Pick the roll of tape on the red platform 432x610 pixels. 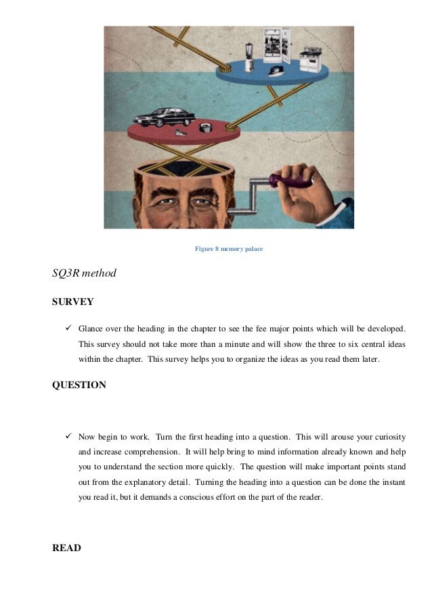click(x=203, y=127)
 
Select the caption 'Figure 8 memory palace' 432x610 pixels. click(x=229, y=250)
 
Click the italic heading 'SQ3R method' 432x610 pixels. click(x=84, y=274)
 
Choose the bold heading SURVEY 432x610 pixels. click(x=72, y=302)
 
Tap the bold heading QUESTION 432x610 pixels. click(x=79, y=385)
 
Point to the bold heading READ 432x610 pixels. click(x=66, y=548)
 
